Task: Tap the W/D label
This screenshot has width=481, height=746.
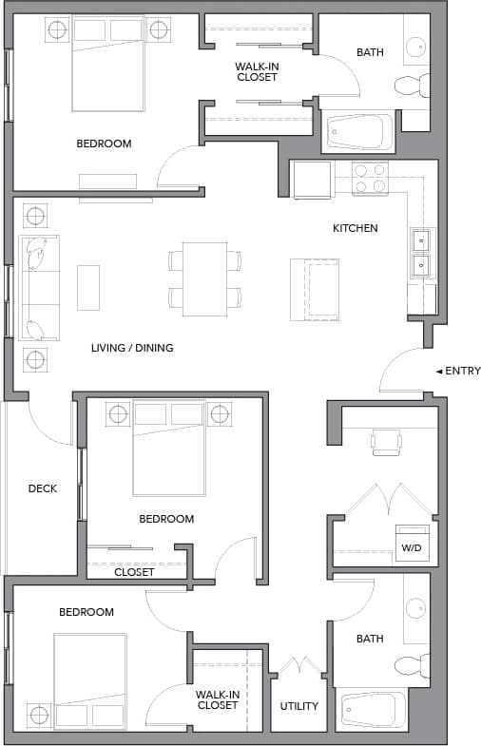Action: (x=412, y=547)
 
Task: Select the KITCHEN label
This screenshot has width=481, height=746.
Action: (x=355, y=228)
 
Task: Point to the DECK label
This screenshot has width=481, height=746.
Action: (x=42, y=488)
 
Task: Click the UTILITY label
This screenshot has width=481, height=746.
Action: (x=298, y=706)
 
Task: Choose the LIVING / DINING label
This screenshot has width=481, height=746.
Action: (x=132, y=348)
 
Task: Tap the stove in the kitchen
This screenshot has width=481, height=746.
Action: (x=370, y=179)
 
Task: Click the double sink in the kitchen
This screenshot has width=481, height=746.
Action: (x=420, y=252)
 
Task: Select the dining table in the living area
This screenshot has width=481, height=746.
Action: (x=204, y=278)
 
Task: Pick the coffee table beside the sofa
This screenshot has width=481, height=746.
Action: (x=88, y=287)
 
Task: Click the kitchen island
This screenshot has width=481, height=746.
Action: (x=314, y=288)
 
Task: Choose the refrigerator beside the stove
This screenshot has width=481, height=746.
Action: (x=312, y=180)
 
